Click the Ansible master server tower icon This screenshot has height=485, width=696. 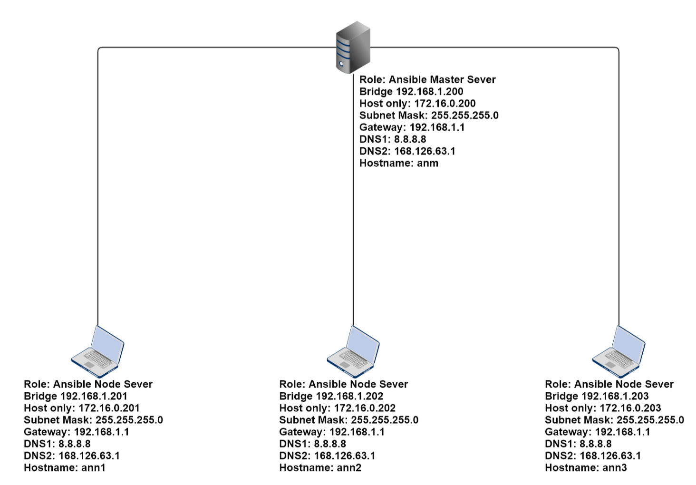[353, 47]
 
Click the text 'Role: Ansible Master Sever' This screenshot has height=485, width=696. [427, 80]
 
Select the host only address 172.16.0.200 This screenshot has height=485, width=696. [445, 104]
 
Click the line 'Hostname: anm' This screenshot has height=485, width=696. [398, 163]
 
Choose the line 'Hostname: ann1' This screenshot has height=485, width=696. [65, 467]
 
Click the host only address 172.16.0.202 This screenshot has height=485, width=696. [365, 408]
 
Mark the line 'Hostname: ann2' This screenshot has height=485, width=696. [320, 467]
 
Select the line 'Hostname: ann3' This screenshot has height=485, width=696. [586, 467]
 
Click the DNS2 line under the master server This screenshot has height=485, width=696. [407, 151]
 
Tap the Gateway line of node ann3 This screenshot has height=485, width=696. [597, 432]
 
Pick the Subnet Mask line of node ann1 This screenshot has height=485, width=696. [93, 420]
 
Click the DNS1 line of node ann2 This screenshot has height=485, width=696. [312, 444]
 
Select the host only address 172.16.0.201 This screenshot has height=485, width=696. [109, 408]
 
